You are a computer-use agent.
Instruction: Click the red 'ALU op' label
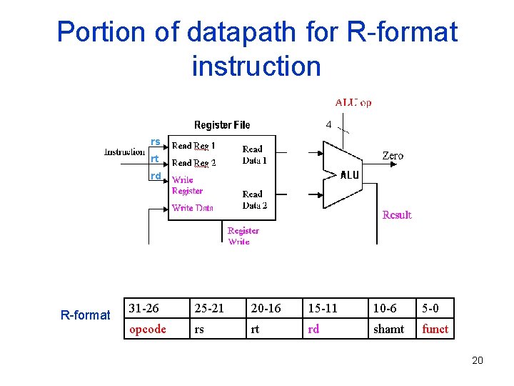[353, 102]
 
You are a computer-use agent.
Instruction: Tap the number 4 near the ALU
[328, 124]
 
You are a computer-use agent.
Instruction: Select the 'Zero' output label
[393, 155]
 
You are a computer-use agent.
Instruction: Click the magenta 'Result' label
[397, 214]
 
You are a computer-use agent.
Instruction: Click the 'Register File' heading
[222, 125]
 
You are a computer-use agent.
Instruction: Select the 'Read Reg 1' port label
[193, 145]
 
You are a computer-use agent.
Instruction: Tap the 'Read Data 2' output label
[254, 199]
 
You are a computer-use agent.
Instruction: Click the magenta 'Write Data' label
[193, 208]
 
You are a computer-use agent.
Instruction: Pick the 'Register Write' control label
[243, 236]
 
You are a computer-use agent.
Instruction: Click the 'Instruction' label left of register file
[124, 152]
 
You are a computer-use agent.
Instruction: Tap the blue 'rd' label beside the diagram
[155, 175]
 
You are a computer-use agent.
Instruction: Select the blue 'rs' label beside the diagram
[155, 142]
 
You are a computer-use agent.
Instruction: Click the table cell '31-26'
[143, 308]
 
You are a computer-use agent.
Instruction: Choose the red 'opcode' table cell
[147, 329]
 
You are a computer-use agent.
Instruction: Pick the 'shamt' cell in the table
[388, 329]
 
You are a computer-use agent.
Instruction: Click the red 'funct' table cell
[435, 329]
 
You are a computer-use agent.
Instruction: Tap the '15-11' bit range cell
[323, 308]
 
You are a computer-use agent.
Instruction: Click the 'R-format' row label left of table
[85, 315]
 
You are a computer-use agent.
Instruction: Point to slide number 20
[478, 360]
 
